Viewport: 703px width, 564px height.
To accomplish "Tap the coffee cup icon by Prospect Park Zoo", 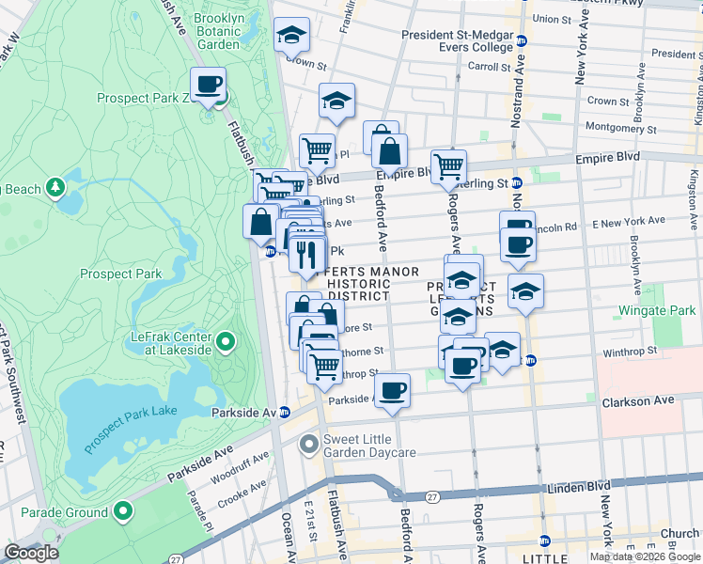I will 209,86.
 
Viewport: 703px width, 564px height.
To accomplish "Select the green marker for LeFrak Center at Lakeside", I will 226,342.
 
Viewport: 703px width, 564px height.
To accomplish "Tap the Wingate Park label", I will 657,310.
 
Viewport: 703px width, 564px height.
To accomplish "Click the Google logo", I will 31,553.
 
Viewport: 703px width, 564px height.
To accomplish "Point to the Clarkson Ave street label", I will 638,401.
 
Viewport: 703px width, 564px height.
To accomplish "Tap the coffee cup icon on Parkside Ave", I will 392,389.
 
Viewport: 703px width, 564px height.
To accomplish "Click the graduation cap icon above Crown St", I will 292,36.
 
